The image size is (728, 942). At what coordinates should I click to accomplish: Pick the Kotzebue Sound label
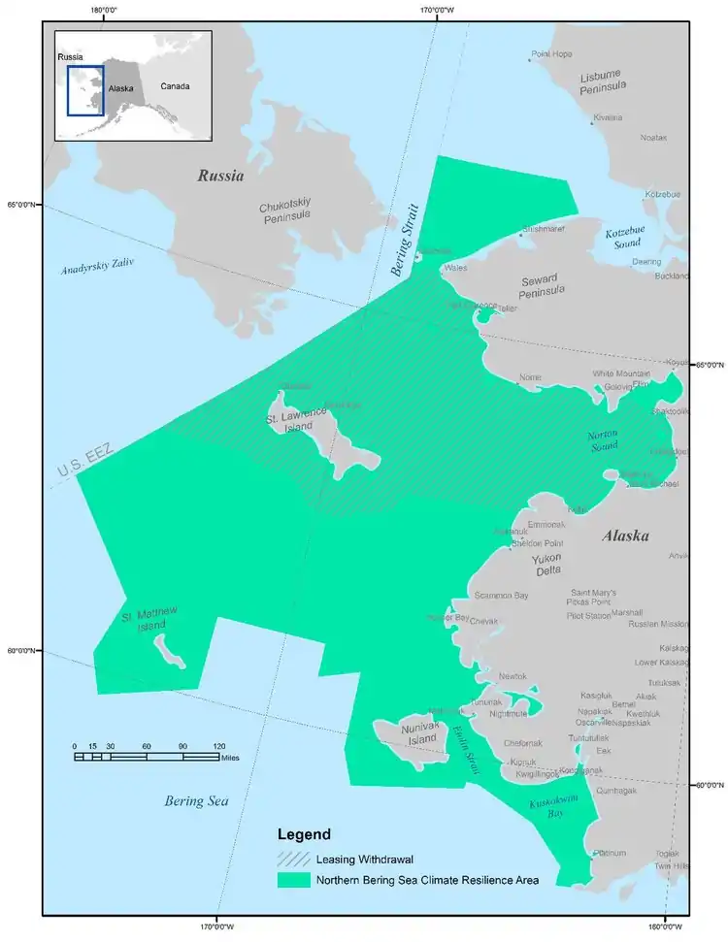625,238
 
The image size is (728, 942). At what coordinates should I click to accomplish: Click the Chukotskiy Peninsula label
284,213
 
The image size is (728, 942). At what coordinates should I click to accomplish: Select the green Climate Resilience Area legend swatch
293,880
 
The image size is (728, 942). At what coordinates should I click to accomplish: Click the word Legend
304,834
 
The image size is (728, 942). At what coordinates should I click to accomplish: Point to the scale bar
147,756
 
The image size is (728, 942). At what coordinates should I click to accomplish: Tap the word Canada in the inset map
175,86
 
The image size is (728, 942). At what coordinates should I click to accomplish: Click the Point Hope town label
554,54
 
